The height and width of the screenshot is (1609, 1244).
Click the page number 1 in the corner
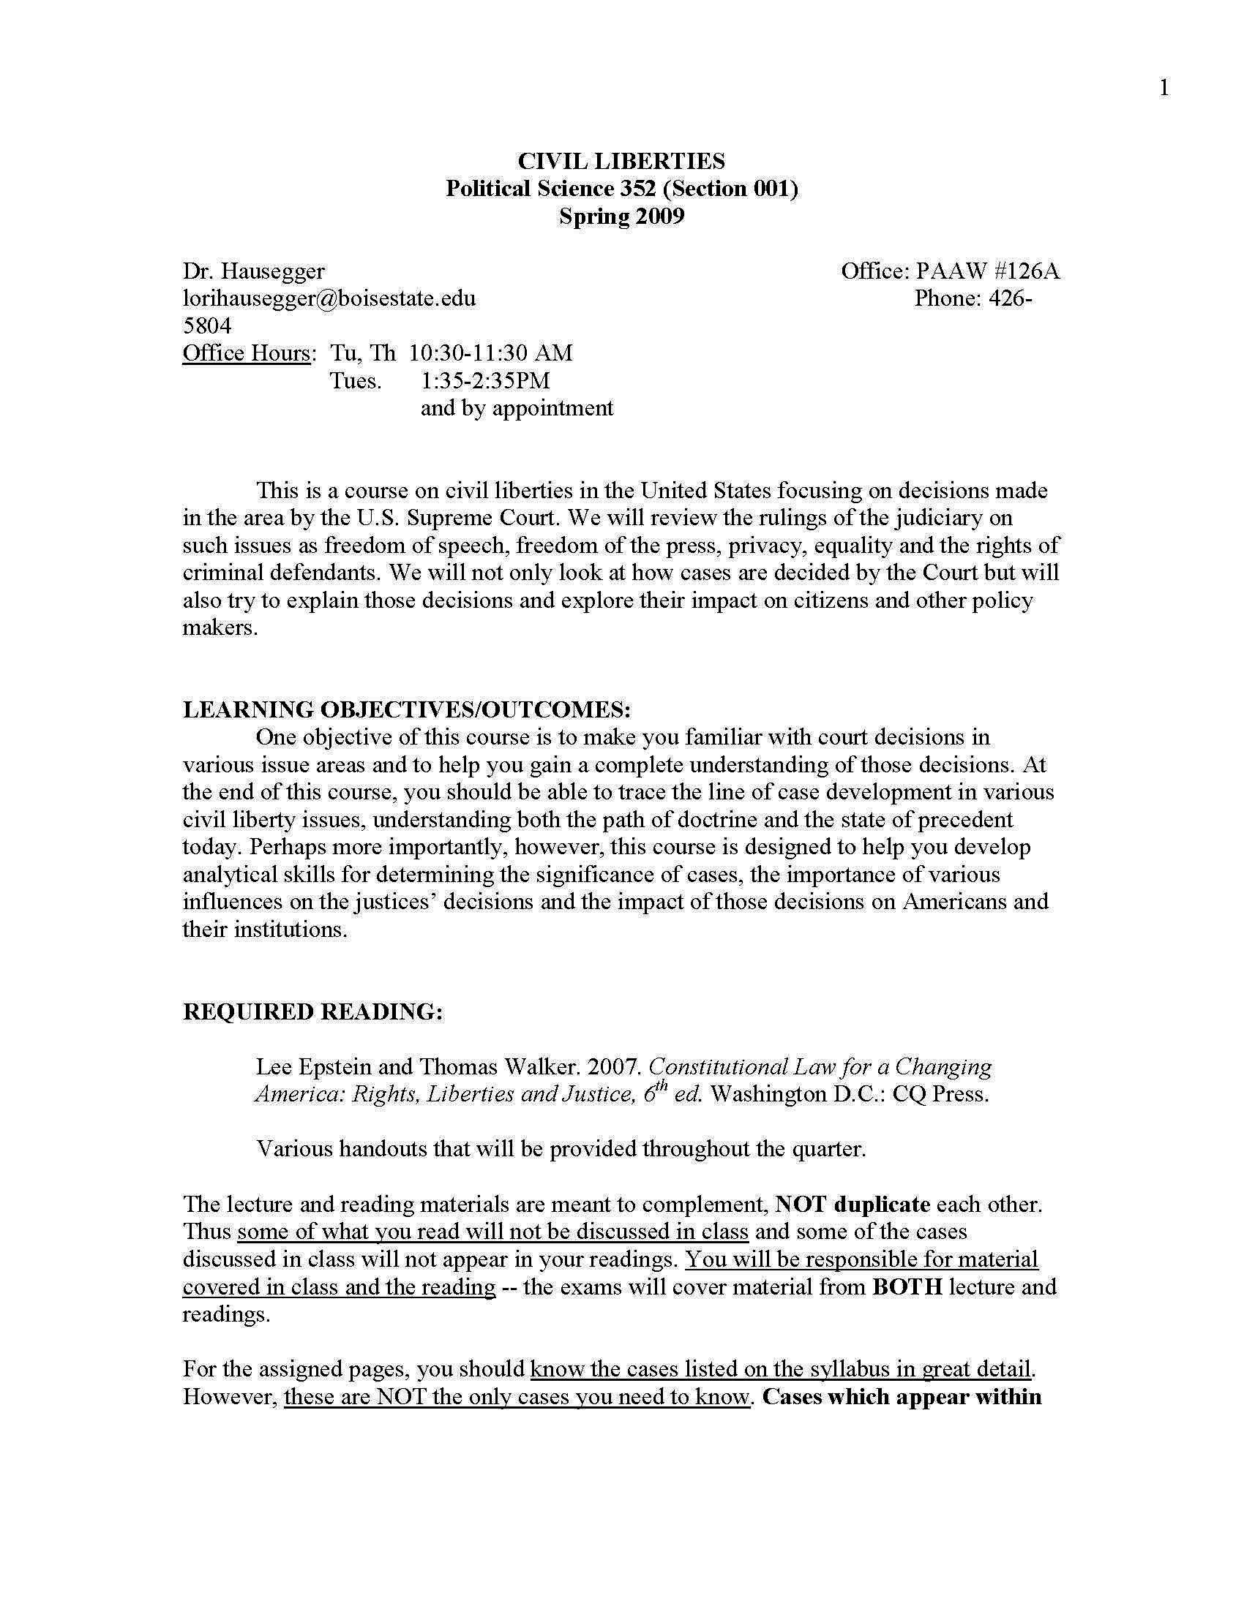1164,88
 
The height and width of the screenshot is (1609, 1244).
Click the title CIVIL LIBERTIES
621,161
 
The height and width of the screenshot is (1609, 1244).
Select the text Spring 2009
621,216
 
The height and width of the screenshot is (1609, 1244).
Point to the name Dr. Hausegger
253,271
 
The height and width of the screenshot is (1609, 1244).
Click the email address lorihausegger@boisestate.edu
329,298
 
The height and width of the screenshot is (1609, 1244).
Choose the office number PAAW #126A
988,271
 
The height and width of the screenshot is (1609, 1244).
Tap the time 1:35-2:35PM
485,381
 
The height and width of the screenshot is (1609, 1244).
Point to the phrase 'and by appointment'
517,408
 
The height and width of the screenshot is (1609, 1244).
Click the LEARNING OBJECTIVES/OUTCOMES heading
407,709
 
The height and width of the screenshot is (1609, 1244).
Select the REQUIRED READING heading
312,1011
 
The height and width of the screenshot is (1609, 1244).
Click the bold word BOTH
907,1287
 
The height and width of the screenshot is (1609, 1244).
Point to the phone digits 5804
207,325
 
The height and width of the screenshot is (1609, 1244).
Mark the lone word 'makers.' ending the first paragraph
220,628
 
